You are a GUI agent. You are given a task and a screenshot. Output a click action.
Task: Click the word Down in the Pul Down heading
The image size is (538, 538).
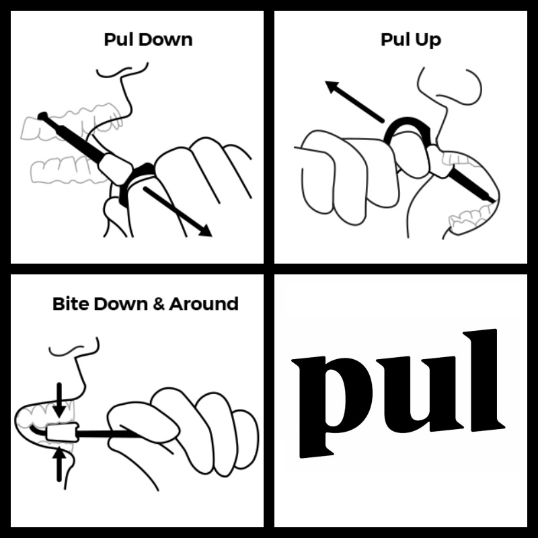pos(166,40)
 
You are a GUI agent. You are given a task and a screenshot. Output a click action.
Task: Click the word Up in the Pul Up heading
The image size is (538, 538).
pos(428,40)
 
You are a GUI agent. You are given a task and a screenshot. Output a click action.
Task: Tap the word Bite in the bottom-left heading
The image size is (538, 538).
pos(71,304)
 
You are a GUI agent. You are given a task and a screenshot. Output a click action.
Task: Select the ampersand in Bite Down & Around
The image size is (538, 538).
pos(158,304)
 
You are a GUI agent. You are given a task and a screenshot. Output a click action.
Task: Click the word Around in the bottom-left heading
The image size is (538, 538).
pos(204,304)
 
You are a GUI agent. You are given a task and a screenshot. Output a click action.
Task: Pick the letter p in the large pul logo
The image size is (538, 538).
pos(331,407)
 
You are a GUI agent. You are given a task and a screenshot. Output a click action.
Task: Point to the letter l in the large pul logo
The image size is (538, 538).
pos(484,380)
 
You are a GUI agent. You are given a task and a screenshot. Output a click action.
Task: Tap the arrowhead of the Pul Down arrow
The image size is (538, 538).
pos(205,231)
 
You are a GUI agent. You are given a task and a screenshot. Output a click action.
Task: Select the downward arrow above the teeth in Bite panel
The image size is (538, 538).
pos(60,400)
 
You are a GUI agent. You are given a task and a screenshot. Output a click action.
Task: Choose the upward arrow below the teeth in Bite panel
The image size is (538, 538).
pos(59,464)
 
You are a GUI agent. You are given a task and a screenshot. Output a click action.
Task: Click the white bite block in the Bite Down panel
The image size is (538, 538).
pos(63,432)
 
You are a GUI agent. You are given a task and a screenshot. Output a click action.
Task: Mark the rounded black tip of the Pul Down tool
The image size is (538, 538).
pos(42,116)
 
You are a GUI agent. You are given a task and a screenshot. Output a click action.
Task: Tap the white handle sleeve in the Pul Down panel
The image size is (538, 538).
pos(115,169)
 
